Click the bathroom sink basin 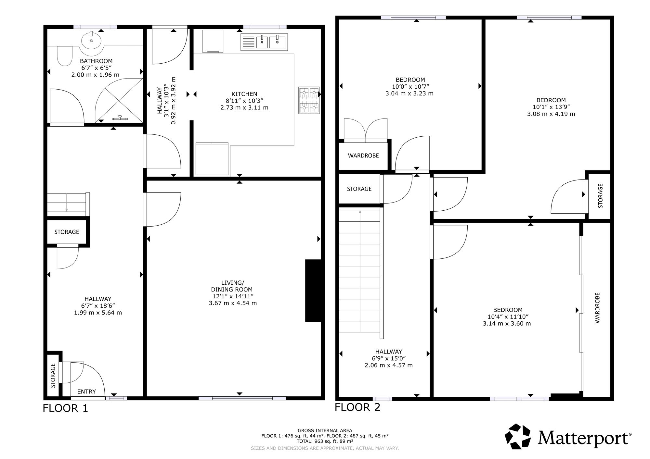(x=91, y=41)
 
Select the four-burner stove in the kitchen (x=309, y=100)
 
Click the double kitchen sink (x=264, y=42)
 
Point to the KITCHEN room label (x=244, y=94)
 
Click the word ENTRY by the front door (x=86, y=392)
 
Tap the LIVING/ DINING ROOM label (x=232, y=286)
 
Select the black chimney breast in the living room (x=313, y=291)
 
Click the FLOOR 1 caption (x=65, y=408)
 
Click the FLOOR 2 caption (x=357, y=407)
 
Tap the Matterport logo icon (x=518, y=437)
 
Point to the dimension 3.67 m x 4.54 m (x=233, y=303)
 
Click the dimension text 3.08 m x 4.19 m (x=551, y=114)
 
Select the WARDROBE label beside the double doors (x=363, y=156)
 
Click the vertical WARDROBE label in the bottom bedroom (x=597, y=308)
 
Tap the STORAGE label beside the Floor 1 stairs (x=67, y=232)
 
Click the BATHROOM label (x=96, y=61)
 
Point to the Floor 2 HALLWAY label (x=389, y=352)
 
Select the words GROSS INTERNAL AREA (x=325, y=431)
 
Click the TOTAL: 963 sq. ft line (x=325, y=441)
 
